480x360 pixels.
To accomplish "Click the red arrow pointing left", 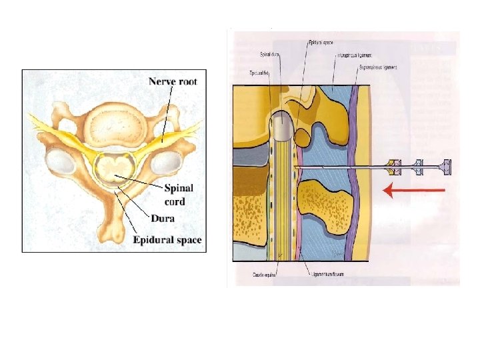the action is [x=413, y=191].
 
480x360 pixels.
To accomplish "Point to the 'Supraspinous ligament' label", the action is [x=374, y=67].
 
